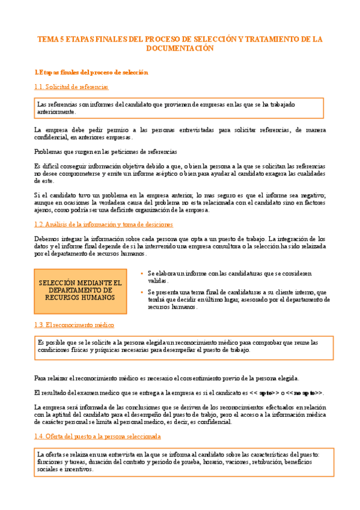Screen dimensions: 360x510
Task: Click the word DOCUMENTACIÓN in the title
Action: click(x=180, y=49)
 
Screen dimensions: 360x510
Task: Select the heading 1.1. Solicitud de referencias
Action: click(x=72, y=87)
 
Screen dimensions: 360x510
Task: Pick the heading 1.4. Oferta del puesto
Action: click(x=97, y=435)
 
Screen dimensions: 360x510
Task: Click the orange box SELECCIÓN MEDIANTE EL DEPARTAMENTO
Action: click(x=80, y=290)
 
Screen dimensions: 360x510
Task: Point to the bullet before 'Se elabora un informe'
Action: click(x=142, y=273)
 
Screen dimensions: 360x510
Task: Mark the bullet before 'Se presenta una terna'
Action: click(x=142, y=292)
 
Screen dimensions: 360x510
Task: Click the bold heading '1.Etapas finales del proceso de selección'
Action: click(x=91, y=72)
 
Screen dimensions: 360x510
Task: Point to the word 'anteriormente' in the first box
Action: click(x=56, y=112)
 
